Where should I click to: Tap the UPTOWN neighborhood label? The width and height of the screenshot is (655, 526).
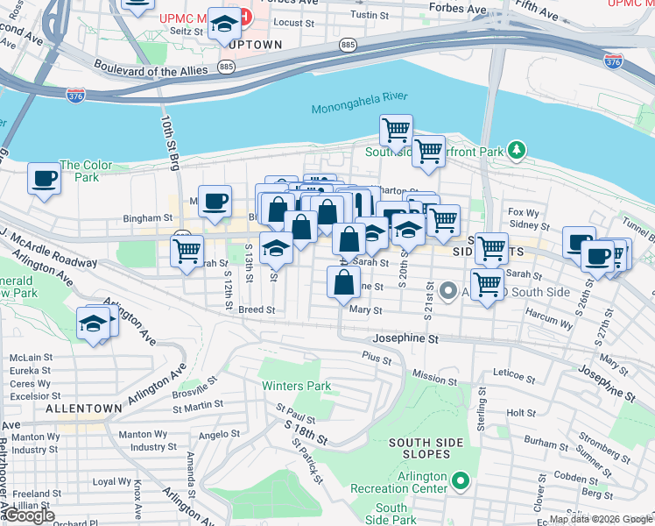[x=256, y=45]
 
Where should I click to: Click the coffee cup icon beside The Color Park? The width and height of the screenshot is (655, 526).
[x=44, y=179]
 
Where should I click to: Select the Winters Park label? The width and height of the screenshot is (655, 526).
[x=295, y=386]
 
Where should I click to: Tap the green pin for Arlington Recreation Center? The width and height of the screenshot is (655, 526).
[x=461, y=480]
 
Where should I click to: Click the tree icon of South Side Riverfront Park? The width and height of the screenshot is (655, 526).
[x=518, y=152]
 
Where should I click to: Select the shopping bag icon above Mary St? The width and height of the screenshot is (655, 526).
[x=342, y=282]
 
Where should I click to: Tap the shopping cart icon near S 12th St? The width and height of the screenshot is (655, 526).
[x=187, y=251]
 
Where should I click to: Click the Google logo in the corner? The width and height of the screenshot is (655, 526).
[x=29, y=516]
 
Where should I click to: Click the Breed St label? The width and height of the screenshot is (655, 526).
[x=257, y=309]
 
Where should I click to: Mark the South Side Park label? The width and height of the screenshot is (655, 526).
[x=391, y=514]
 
